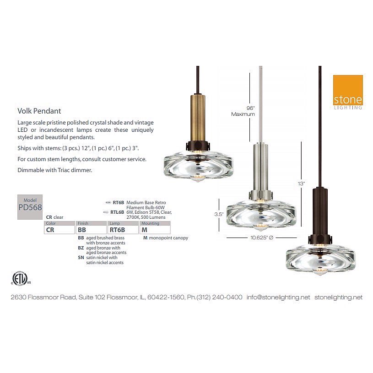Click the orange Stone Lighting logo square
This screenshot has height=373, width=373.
[348, 90]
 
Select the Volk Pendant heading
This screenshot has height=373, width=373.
[39, 111]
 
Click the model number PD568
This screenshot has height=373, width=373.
[30, 207]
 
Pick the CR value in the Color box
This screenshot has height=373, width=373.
[50, 230]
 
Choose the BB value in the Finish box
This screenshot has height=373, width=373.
[82, 230]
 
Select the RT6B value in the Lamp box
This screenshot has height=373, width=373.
[117, 230]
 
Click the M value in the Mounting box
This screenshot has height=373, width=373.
[145, 230]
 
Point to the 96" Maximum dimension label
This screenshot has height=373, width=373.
[243, 111]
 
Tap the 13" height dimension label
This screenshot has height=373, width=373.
[301, 184]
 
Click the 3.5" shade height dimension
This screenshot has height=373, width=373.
[219, 214]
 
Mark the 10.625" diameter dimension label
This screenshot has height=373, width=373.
[262, 238]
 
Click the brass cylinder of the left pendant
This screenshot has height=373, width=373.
[197, 118]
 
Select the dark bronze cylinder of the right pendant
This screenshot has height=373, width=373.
[320, 211]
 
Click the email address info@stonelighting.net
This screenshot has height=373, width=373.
[278, 297]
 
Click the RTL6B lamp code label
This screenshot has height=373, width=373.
[117, 212]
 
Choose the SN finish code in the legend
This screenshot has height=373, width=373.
[81, 258]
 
